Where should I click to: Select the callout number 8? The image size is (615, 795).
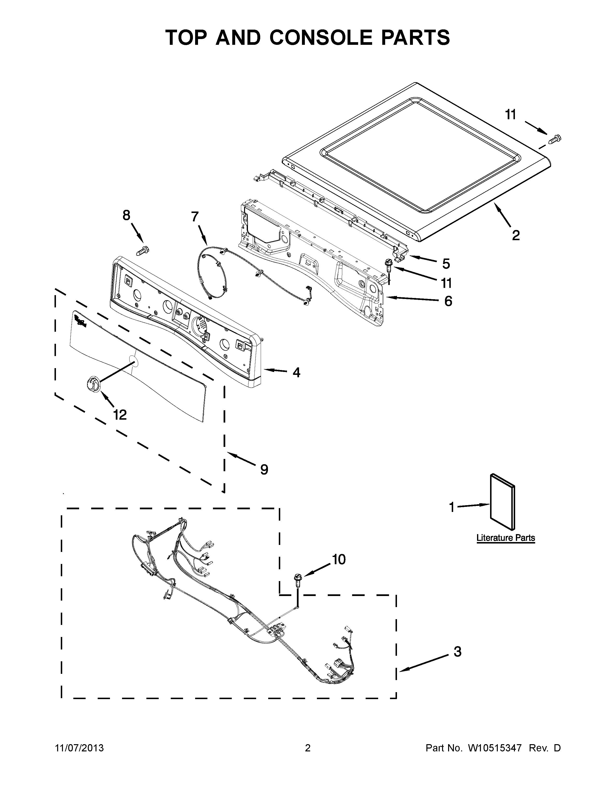[x=126, y=216]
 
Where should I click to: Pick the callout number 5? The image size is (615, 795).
[x=446, y=263]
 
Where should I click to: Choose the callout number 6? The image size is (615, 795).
[x=448, y=301]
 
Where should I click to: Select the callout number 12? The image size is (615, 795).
[x=120, y=414]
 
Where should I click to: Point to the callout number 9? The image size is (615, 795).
[x=264, y=469]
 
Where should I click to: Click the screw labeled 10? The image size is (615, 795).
[x=298, y=578]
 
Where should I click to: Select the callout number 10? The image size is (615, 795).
[x=339, y=559]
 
